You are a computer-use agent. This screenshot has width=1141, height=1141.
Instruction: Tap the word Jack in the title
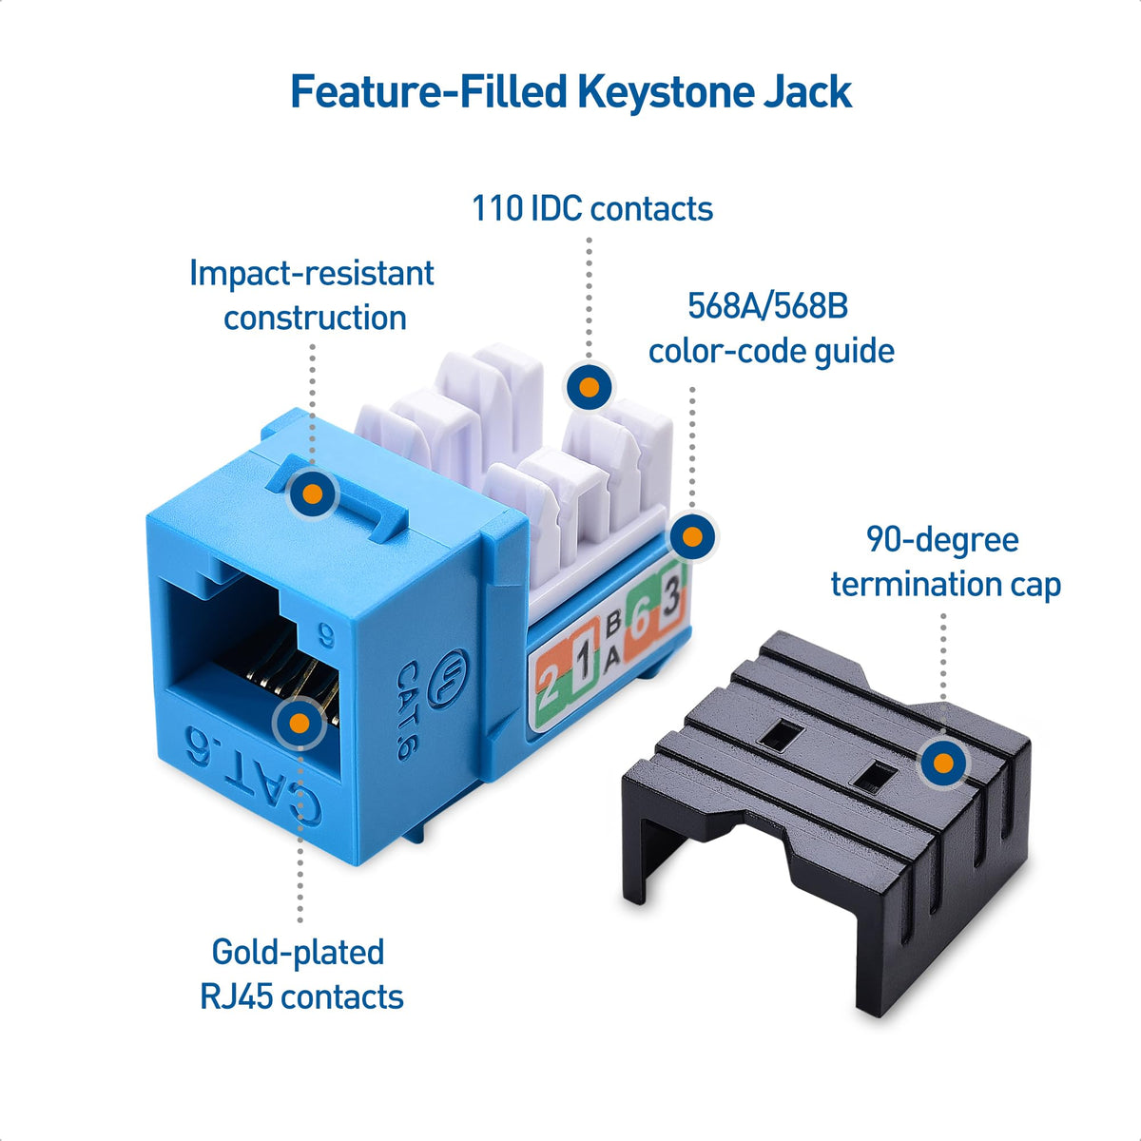tap(807, 92)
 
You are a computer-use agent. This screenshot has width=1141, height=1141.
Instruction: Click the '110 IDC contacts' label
tap(592, 208)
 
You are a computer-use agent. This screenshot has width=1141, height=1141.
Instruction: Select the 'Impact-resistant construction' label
tap(312, 295)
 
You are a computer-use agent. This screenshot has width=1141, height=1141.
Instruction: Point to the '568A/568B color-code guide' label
tap(770, 328)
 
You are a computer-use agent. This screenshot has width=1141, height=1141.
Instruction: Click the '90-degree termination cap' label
tap(944, 561)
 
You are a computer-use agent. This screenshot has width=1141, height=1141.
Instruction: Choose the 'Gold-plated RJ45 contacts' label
tap(301, 974)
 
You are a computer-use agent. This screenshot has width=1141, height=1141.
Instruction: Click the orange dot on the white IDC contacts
tap(589, 388)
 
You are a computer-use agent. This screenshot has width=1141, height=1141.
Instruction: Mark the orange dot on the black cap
tap(943, 763)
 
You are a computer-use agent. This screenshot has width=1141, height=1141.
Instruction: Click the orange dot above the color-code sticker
tap(692, 537)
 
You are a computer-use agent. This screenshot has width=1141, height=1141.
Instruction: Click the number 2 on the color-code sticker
tap(550, 681)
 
